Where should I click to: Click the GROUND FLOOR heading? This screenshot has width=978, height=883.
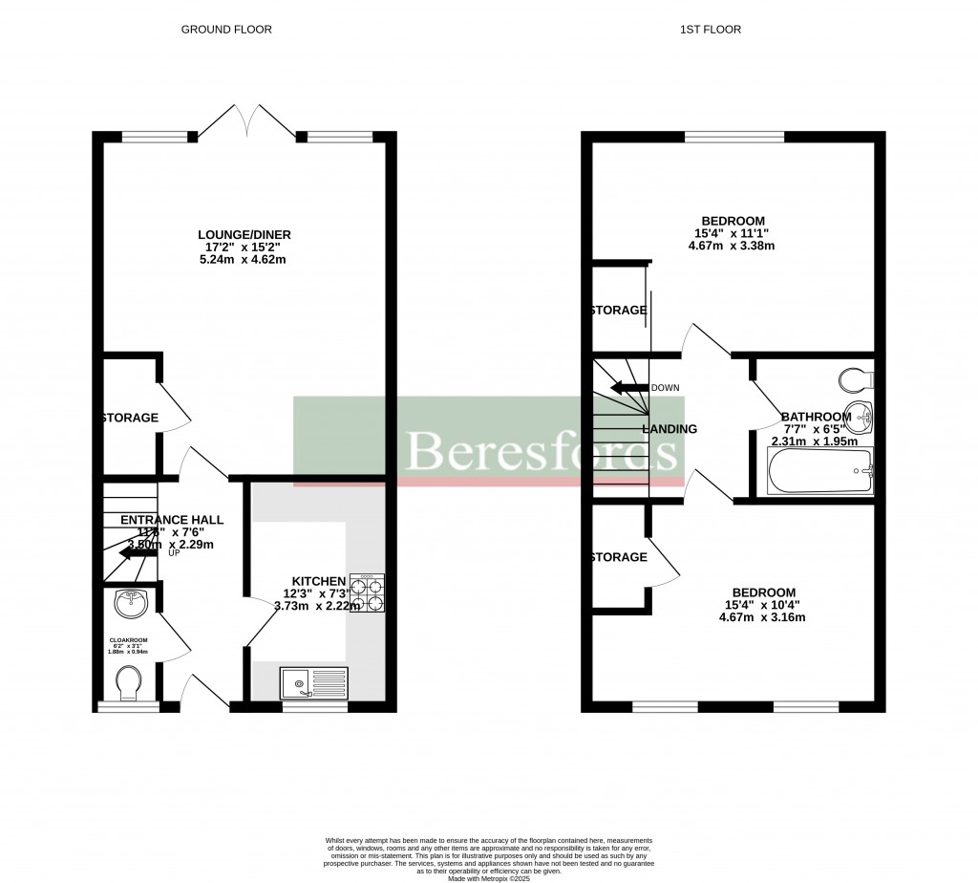pos(226,30)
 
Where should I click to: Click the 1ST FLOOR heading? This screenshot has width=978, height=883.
pos(710,30)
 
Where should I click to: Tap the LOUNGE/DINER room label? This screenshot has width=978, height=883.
pos(244,235)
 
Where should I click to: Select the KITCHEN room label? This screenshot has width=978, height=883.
pos(318,581)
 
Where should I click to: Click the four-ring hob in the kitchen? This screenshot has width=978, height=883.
pos(368,592)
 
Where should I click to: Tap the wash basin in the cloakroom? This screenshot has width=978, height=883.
pos(128,603)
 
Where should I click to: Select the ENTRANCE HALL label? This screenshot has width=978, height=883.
pos(172,520)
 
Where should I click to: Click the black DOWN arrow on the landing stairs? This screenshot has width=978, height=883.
pos(628,388)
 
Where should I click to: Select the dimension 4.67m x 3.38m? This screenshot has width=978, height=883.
pos(731,246)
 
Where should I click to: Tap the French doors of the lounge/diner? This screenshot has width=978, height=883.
pos(246,119)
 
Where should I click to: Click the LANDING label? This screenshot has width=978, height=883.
pos(670,429)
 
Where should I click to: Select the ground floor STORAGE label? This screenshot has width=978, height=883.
pos(131,418)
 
